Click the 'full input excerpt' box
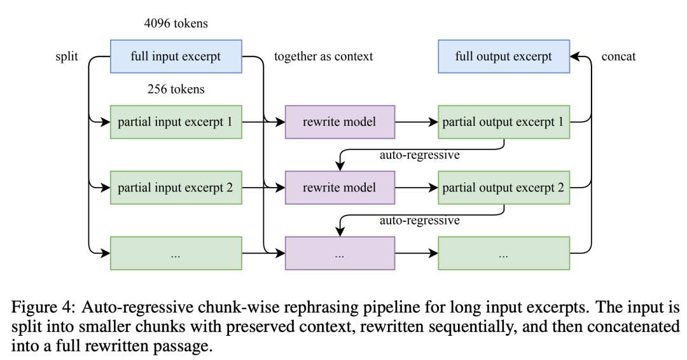click(x=176, y=57)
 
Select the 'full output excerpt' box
click(x=504, y=57)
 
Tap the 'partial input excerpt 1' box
click(x=176, y=122)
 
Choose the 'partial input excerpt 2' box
click(x=176, y=188)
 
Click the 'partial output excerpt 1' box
click(x=504, y=122)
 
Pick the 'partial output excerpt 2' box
click(x=504, y=188)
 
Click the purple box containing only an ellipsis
click(x=340, y=254)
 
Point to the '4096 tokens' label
click(x=176, y=23)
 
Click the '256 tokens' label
click(x=176, y=89)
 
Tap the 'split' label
click(x=67, y=57)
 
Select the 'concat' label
click(x=618, y=57)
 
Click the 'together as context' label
click(x=323, y=57)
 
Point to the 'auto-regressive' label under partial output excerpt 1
click(x=419, y=155)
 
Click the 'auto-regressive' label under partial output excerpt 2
click(x=419, y=220)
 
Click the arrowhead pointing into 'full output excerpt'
click(x=575, y=57)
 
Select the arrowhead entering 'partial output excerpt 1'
click(x=433, y=122)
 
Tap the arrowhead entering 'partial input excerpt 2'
click(x=105, y=188)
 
